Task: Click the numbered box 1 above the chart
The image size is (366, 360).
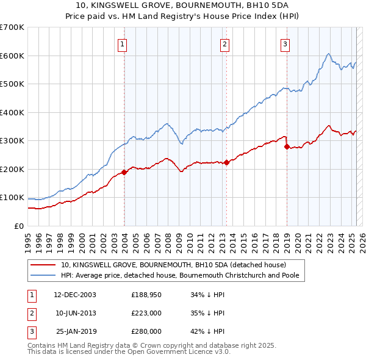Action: click(x=123, y=43)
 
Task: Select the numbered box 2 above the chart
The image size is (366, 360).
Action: click(x=224, y=43)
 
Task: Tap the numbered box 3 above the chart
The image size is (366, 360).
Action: click(x=285, y=43)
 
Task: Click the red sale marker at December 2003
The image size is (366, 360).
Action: click(x=124, y=172)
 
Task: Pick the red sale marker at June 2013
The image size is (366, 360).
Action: click(x=226, y=162)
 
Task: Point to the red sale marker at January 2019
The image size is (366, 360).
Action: click(x=287, y=146)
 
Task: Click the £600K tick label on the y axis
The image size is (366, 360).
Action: click(x=12, y=56)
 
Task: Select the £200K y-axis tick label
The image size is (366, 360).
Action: click(x=12, y=169)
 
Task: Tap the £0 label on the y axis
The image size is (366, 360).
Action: click(x=19, y=226)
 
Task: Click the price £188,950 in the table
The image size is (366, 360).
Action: click(x=146, y=295)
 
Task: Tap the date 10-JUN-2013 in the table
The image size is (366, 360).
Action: click(x=76, y=313)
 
